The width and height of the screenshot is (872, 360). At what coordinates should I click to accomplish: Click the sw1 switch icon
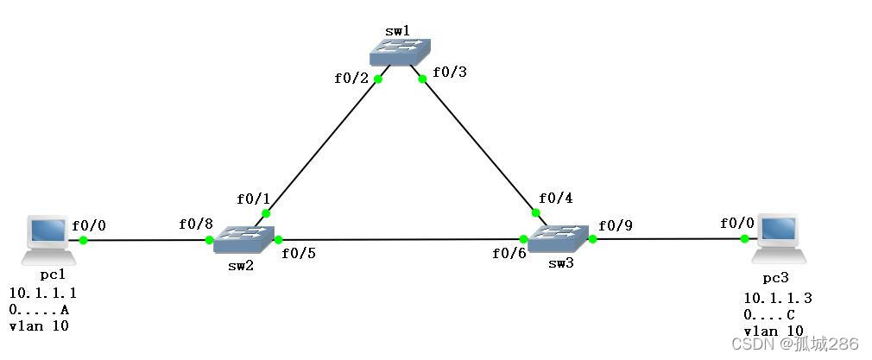(x=400, y=54)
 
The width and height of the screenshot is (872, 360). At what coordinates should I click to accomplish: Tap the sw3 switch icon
(x=558, y=237)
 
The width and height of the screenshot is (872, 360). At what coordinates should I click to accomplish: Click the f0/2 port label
(x=351, y=79)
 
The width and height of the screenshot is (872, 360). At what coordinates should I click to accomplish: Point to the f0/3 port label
(x=449, y=73)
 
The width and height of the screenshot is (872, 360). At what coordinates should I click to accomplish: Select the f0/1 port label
(x=254, y=199)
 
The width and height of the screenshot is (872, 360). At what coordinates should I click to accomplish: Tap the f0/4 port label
(x=556, y=199)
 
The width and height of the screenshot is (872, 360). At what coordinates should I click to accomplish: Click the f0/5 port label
(x=299, y=254)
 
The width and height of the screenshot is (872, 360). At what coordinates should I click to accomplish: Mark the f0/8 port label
(x=196, y=224)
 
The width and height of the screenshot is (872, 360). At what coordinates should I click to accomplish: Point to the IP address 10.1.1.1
(x=43, y=294)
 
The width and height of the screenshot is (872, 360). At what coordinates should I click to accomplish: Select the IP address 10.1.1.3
(x=778, y=299)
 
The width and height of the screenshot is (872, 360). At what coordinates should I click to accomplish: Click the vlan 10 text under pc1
(x=39, y=326)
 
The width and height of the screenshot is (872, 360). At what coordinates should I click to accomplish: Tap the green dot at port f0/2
(x=378, y=79)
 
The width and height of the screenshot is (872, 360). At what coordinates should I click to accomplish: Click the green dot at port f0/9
(x=592, y=238)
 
